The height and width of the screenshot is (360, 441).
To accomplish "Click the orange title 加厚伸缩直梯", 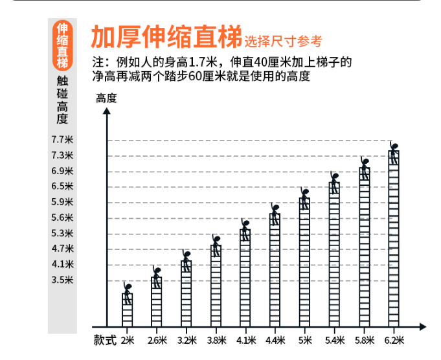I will pos(165,38).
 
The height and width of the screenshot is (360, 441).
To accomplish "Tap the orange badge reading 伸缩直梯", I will pos(62,46).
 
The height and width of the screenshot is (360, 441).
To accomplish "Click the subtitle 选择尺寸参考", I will pos(283,41).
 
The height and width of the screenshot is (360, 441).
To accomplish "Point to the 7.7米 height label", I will pos(62,139).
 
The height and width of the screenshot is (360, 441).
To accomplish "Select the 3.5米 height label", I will pos(62,280).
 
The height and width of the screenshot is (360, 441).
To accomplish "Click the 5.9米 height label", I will pos(62,201).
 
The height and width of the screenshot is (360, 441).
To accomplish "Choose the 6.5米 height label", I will pos(62,186).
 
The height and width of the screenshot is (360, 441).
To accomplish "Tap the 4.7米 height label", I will pos(62,248).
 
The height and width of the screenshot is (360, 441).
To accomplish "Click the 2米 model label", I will pos(127,340).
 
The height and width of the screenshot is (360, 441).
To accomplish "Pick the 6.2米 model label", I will pos(394,340).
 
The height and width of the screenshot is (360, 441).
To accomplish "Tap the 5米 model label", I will pos(304,340).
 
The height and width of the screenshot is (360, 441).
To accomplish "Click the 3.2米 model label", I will pos(187,340).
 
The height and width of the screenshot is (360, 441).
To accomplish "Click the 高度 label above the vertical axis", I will pos(106,98).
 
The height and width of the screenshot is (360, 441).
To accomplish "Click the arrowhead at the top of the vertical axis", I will pos(107,111).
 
